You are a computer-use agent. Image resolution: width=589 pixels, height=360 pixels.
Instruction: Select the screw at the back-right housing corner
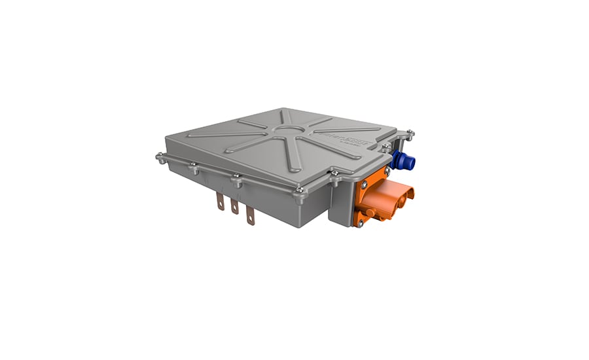(410, 134)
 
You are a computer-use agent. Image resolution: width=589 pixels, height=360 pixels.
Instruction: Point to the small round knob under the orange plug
(371, 213)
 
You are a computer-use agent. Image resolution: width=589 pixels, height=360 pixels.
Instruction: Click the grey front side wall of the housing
(262, 196)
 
